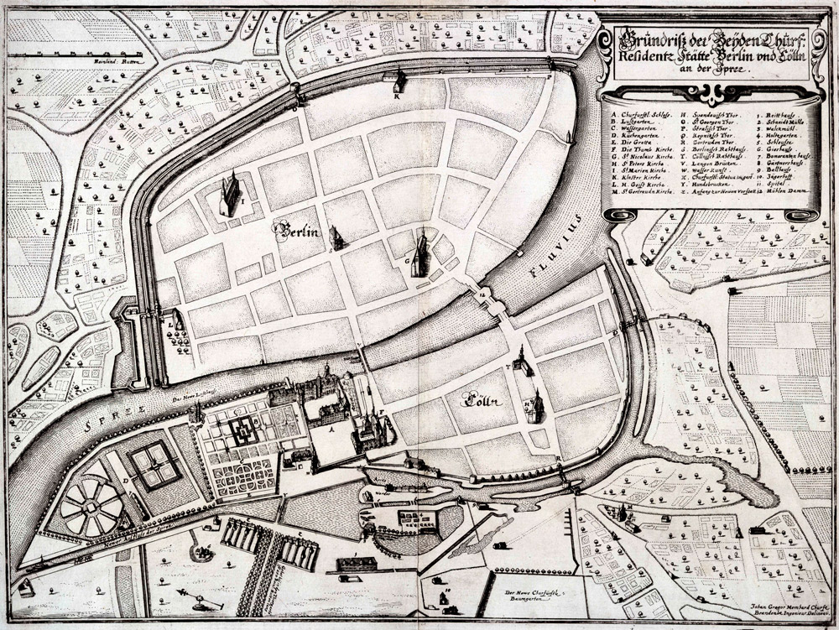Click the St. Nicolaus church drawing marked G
click(x=420, y=253)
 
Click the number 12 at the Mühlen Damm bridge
click(x=482, y=295)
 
